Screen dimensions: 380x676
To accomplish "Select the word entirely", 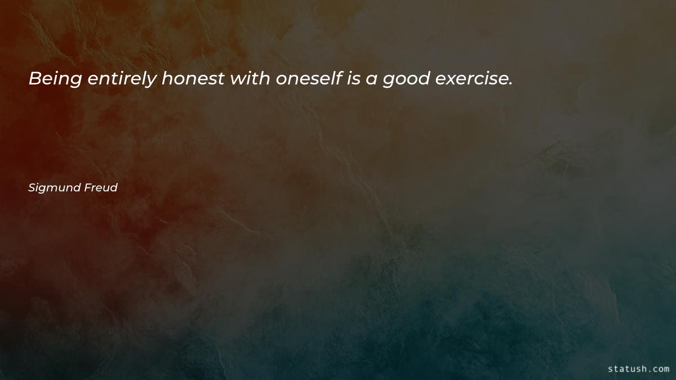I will (122, 80).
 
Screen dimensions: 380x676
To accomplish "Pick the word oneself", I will (309, 79).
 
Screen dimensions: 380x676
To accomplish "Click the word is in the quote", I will (354, 79).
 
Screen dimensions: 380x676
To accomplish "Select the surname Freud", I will (102, 187).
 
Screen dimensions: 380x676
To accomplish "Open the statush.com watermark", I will (639, 369).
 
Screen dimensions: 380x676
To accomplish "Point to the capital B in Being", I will (34, 79).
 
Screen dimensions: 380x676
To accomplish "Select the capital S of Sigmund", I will (32, 187).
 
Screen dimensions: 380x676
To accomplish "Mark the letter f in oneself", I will (340, 79).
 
